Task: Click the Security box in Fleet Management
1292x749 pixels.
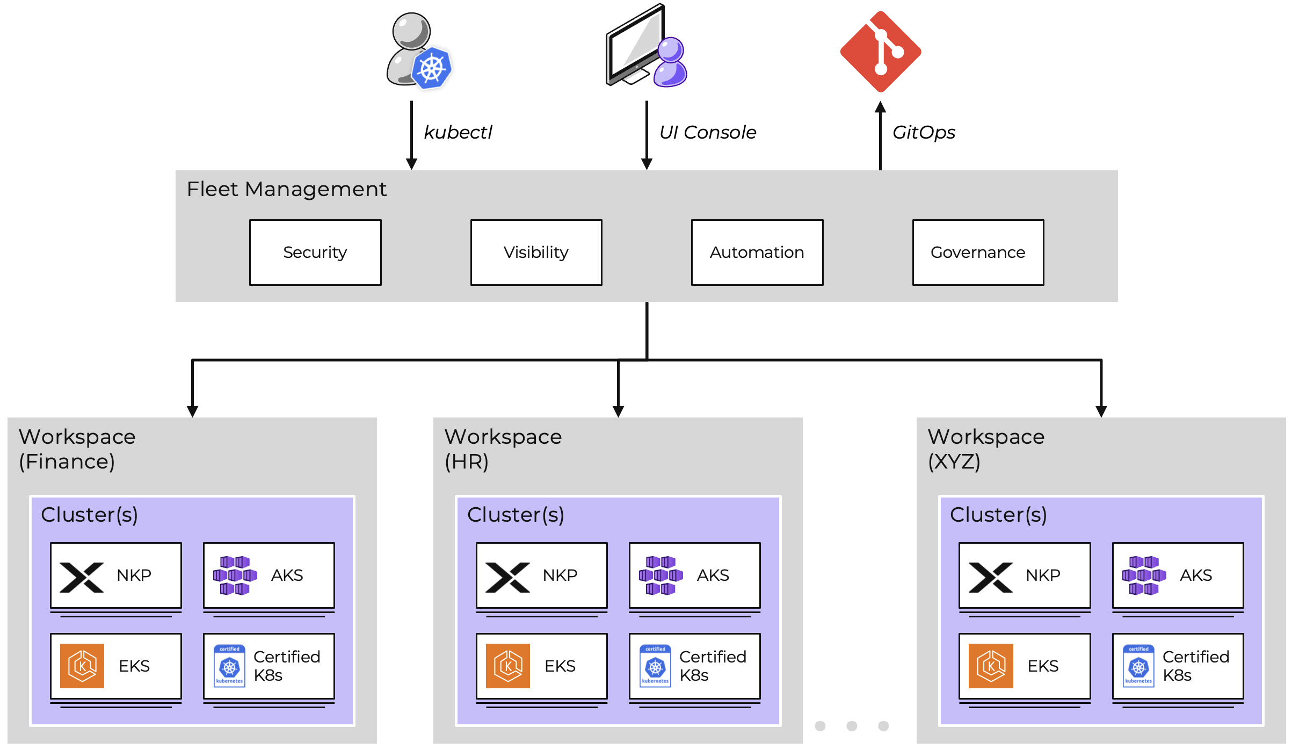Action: coord(315,252)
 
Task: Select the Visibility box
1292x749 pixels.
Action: coord(536,252)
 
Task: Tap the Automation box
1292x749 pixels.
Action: coord(757,252)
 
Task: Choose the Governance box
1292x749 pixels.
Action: coord(978,252)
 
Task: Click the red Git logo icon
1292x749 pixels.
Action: coord(881,52)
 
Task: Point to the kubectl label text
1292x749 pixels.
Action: coord(458,132)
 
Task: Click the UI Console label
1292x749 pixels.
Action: coord(707,132)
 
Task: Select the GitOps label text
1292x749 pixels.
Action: coord(924,132)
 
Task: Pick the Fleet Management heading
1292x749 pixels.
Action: coord(286,189)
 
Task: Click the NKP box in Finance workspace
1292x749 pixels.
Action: coord(116,575)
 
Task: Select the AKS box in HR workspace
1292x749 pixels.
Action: coord(694,575)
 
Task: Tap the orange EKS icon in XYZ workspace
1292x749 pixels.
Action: coord(991,666)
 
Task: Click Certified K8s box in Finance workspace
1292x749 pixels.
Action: coord(268,666)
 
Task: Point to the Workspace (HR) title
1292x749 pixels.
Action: coord(503,449)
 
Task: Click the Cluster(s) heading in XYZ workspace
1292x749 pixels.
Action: coord(998,515)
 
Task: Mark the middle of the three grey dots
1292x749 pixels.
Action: coord(852,726)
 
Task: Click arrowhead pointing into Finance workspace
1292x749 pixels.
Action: coord(192,412)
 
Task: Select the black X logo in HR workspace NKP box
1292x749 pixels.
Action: coord(507,577)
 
